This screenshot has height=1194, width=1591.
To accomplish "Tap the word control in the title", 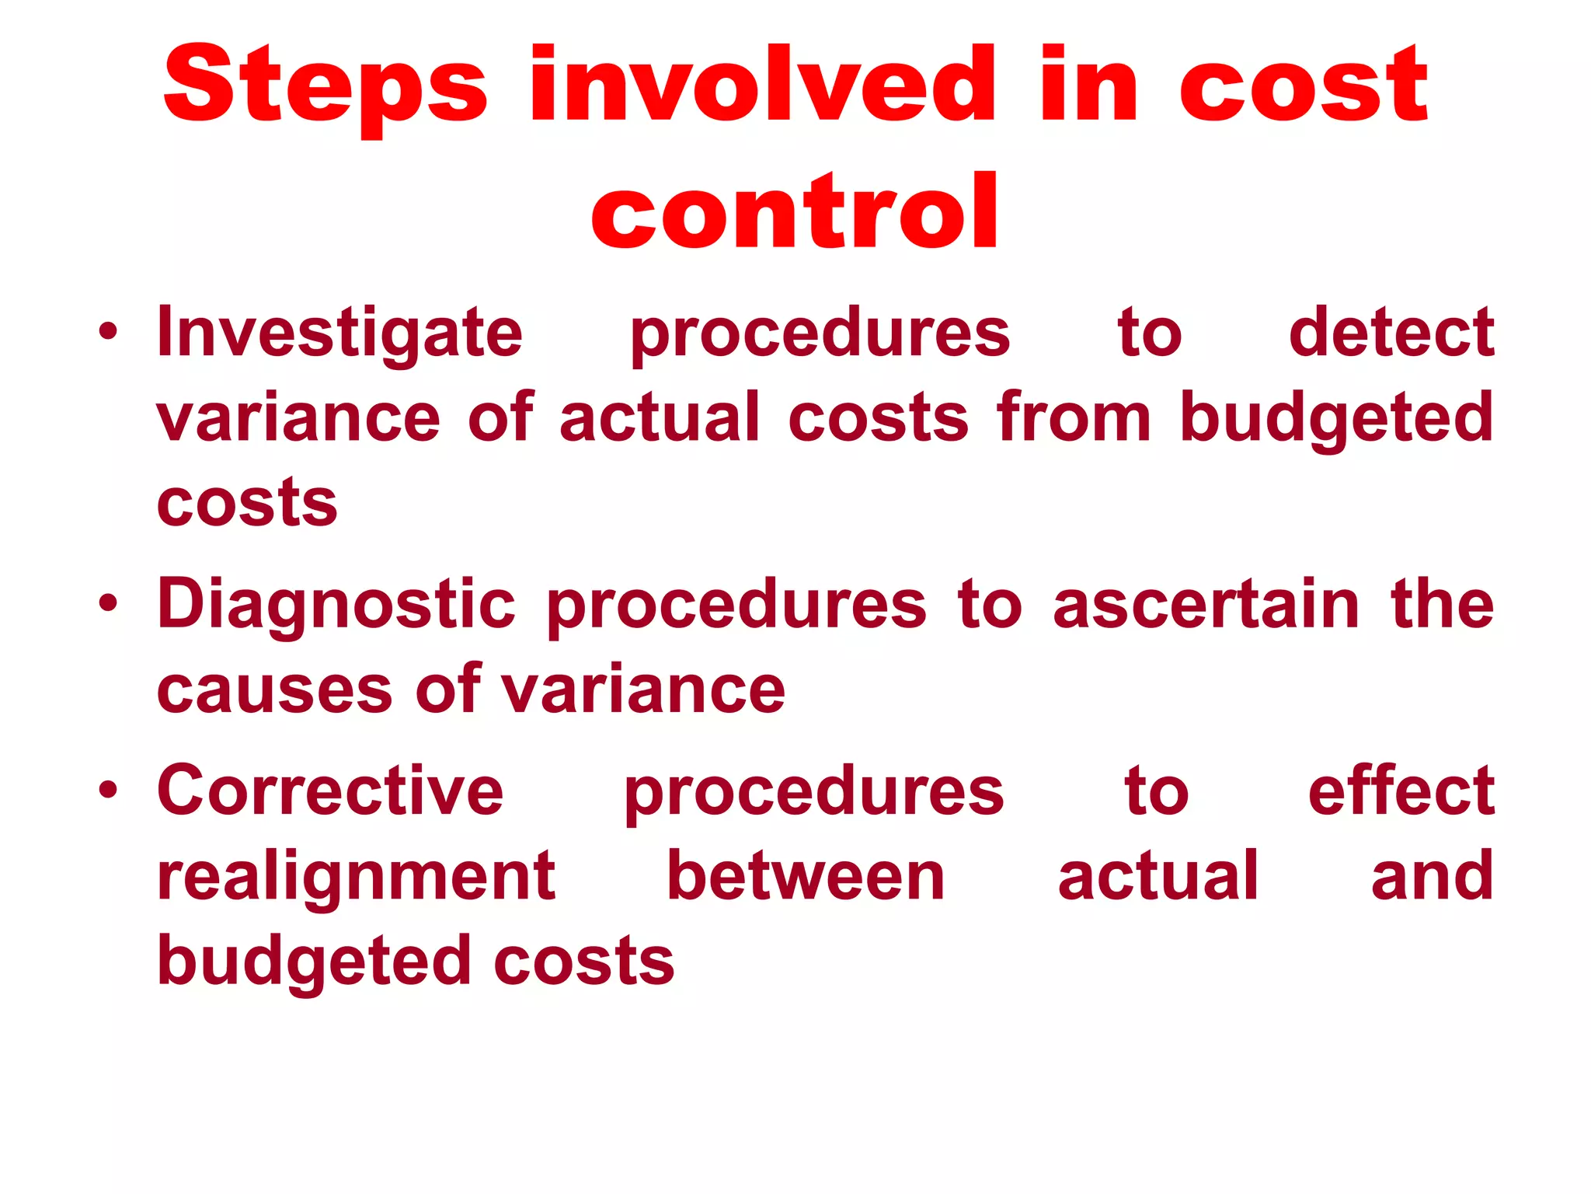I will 794,211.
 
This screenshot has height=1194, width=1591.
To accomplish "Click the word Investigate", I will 339,333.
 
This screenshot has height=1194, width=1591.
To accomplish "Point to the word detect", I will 1391,333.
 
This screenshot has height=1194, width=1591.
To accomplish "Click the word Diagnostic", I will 336,605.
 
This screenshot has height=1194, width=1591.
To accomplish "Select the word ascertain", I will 1206,605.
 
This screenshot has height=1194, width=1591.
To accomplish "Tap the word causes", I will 274,690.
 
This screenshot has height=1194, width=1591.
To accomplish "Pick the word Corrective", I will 330,791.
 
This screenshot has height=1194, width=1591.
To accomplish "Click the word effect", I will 1401,791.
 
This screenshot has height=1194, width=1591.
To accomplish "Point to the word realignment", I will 356,876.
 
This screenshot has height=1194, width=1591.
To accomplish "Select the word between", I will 806,876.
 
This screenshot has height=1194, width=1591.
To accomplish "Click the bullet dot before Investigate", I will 108,332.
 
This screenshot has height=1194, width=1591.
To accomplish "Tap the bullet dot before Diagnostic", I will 108,603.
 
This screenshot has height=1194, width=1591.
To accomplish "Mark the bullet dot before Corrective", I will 108,790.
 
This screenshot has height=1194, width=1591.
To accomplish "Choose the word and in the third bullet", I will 1432,876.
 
